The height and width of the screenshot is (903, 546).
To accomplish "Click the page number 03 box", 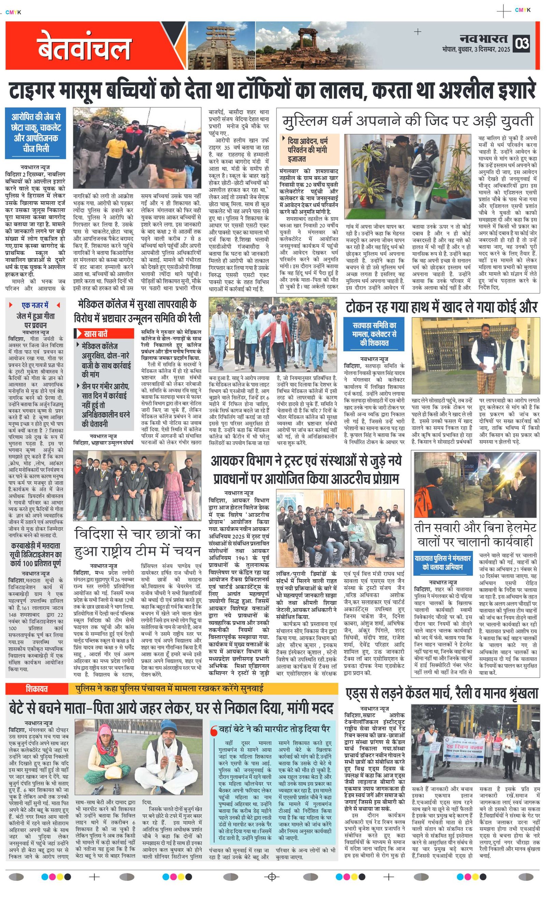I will pos(522,43).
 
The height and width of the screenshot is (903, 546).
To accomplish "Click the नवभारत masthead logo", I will pos(483,39).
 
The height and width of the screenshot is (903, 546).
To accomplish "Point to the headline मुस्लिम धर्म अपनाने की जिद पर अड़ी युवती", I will pos(407,121).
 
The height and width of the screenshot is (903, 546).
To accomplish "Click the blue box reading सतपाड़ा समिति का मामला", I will pos(374,334).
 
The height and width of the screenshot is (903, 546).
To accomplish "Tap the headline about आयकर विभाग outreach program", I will pos(306,470).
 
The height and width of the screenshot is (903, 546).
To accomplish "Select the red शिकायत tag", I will pos(36,689).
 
